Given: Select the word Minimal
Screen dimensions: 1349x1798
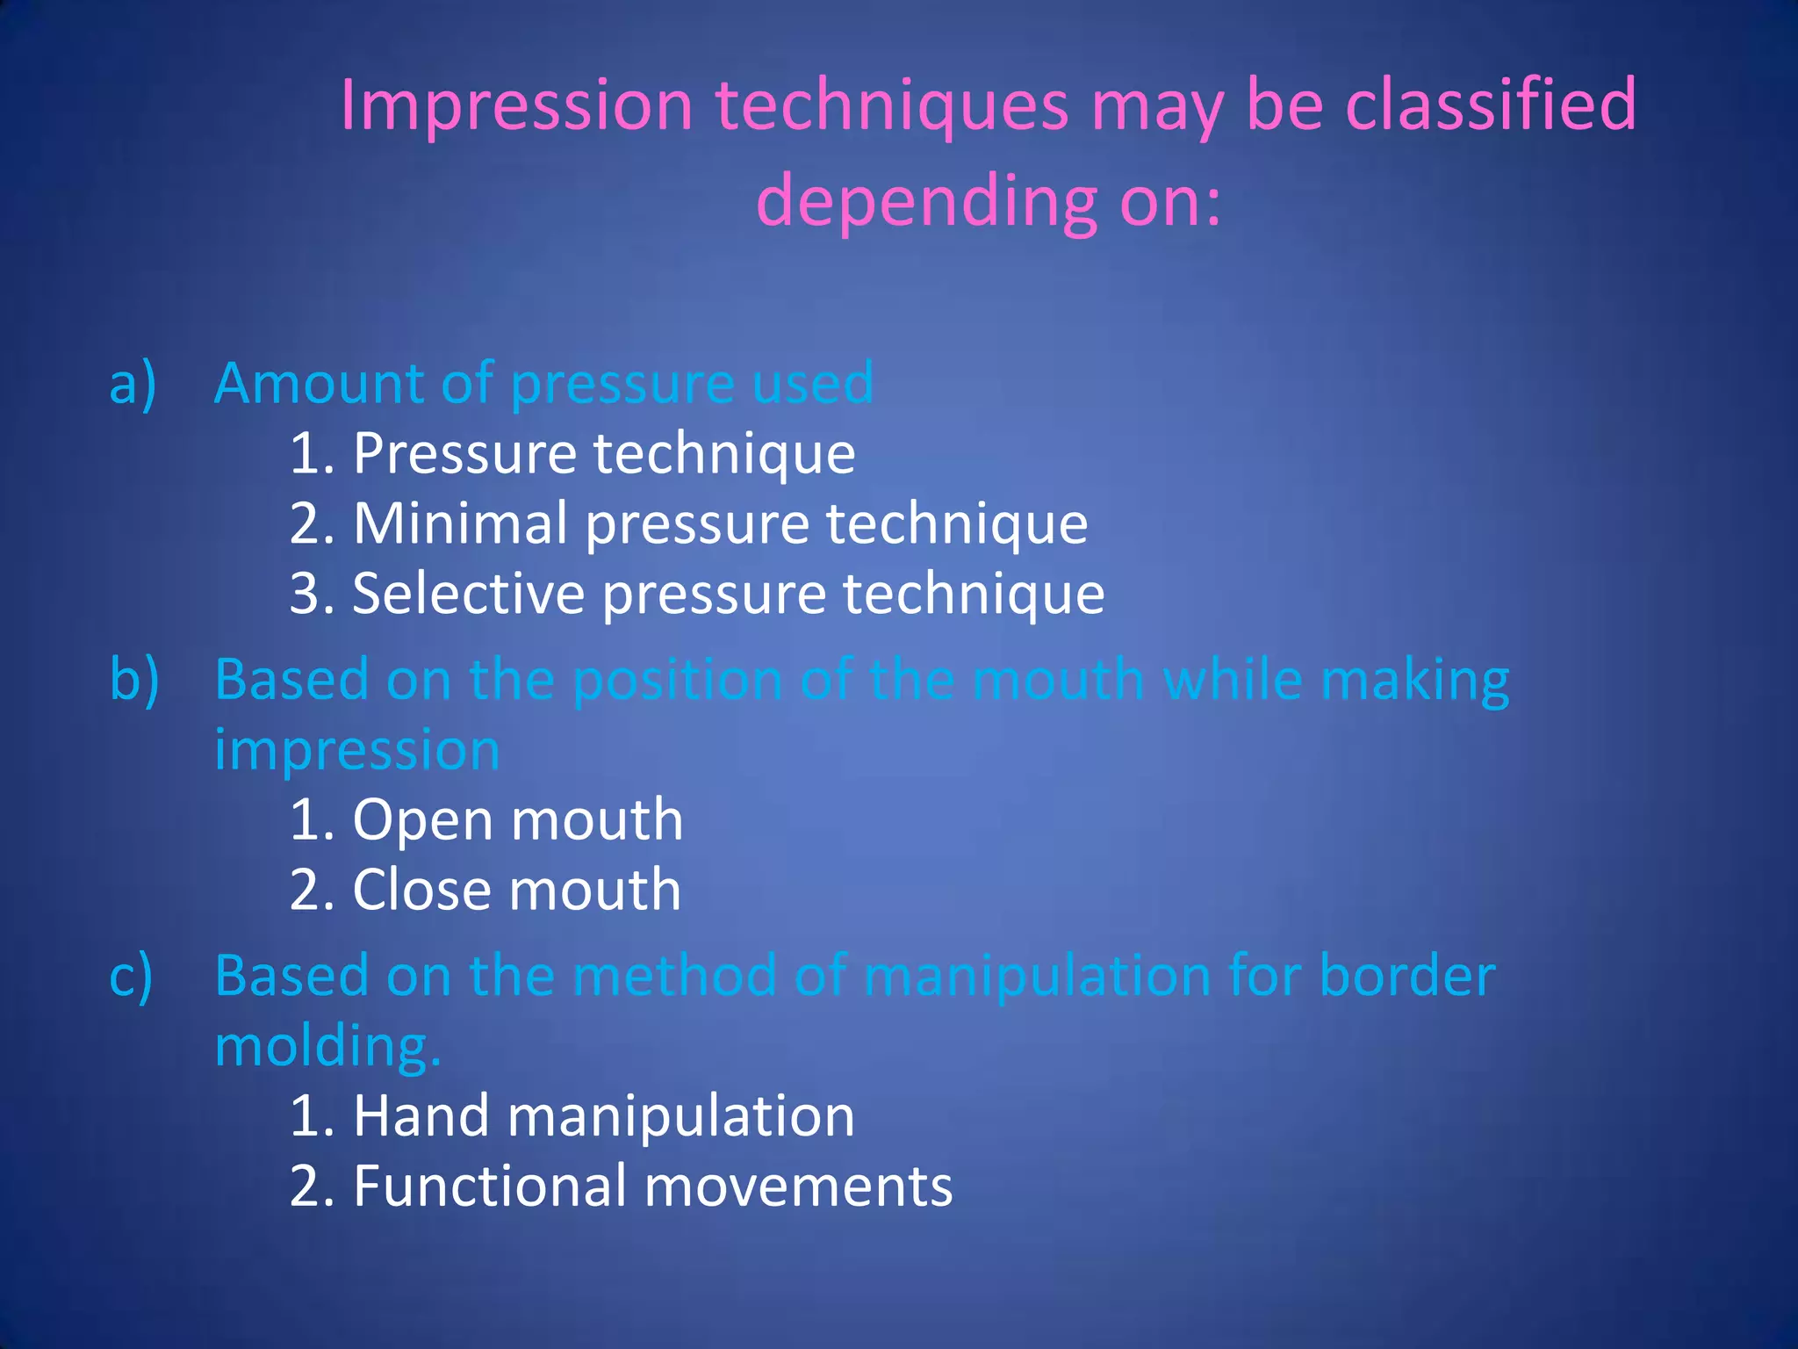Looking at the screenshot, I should point(461,524).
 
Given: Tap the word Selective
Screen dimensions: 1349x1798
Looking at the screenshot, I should point(468,595).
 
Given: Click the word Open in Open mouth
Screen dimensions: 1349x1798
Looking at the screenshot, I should point(422,821).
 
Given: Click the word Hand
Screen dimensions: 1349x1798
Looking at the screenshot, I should point(421,1117).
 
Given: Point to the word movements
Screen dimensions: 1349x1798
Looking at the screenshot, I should point(798,1187).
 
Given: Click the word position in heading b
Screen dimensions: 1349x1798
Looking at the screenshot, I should point(677,682).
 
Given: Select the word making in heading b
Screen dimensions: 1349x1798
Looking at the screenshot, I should point(1414,682).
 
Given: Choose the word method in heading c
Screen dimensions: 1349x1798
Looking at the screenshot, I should point(674,977).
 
